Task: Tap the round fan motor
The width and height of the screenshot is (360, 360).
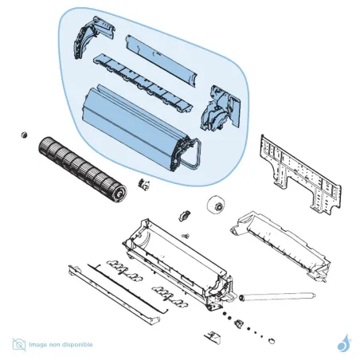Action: click(x=213, y=206)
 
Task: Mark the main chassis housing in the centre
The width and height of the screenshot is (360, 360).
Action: click(x=175, y=255)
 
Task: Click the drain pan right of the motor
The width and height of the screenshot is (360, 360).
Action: click(x=279, y=239)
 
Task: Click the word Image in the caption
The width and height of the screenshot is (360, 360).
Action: click(x=37, y=345)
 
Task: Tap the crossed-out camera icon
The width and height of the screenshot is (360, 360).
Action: click(x=18, y=344)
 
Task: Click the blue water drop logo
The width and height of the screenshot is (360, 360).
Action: click(x=343, y=343)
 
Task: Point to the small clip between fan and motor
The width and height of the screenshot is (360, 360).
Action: click(x=144, y=185)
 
